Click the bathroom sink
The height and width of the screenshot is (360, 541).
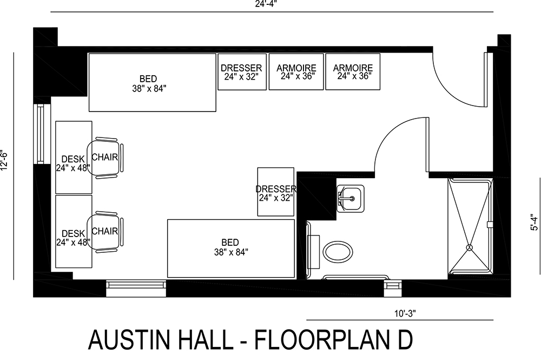(x=350, y=198)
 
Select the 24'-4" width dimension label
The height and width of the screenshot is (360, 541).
(x=270, y=4)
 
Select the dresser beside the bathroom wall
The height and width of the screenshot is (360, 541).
(x=276, y=192)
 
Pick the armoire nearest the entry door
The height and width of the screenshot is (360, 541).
(x=353, y=71)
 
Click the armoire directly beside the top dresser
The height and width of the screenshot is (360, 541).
(x=296, y=71)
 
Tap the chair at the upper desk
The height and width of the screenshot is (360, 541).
(x=107, y=157)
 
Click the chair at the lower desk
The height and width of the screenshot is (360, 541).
(x=107, y=231)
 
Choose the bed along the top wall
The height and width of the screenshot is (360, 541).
(x=152, y=82)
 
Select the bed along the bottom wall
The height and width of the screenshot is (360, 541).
(x=231, y=247)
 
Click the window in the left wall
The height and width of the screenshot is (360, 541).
(x=40, y=133)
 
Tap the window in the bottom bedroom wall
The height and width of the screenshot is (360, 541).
(x=136, y=284)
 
